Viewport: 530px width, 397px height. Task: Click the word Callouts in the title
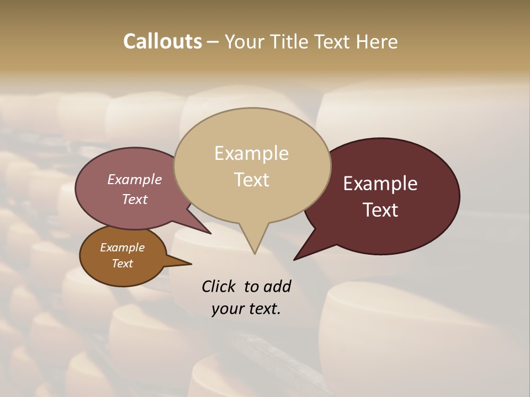click(x=162, y=41)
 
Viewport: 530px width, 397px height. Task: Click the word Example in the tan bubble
click(x=251, y=153)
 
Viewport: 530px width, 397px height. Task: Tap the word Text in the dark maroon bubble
click(x=380, y=210)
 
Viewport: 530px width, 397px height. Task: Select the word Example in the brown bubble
click(x=122, y=248)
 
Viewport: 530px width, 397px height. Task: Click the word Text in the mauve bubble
click(x=135, y=199)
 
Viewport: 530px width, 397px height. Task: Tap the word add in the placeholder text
click(x=277, y=286)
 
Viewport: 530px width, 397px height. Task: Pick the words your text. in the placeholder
click(x=246, y=309)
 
